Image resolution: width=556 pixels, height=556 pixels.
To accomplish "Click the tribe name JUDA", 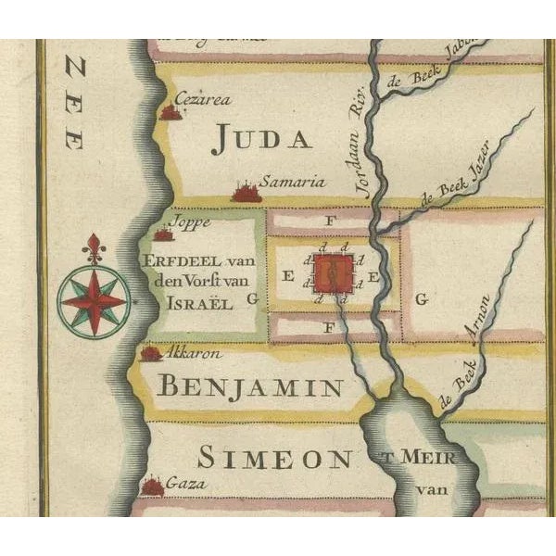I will pyautogui.click(x=260, y=139).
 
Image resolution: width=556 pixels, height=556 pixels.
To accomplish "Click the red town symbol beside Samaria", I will pyautogui.click(x=245, y=193).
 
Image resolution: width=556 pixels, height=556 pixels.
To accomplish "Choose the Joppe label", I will pyautogui.click(x=193, y=222).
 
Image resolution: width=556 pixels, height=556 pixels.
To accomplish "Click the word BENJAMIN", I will pyautogui.click(x=249, y=386).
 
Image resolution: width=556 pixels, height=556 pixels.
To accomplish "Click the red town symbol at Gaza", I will pyautogui.click(x=152, y=486).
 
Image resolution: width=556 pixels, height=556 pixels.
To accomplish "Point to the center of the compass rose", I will pyautogui.click(x=93, y=300).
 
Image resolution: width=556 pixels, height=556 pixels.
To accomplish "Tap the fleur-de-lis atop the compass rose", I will pyautogui.click(x=93, y=248).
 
